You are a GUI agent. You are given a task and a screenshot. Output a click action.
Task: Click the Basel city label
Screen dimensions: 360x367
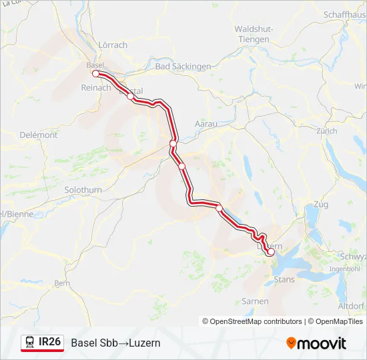click(x=95, y=65)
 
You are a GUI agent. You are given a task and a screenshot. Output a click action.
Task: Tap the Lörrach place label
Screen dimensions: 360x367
click(x=113, y=45)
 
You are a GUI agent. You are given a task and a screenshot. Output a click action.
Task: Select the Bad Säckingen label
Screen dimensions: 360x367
click(x=183, y=67)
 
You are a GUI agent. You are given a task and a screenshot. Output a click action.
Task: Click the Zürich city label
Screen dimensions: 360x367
click(x=327, y=131)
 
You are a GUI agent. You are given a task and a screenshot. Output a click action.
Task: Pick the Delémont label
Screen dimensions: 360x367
click(x=38, y=135)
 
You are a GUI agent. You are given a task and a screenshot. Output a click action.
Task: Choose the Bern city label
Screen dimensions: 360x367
click(x=61, y=283)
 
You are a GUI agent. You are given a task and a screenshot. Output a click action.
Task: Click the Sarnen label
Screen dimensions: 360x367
click(x=255, y=301)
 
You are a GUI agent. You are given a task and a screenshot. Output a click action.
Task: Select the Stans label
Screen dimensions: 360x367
click(x=284, y=280)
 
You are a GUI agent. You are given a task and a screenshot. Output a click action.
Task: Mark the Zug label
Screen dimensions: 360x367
click(x=320, y=204)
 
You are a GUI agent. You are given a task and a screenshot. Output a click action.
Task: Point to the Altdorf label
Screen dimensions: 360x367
click(x=351, y=306)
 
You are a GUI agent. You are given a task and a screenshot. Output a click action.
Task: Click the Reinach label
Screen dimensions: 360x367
click(x=95, y=87)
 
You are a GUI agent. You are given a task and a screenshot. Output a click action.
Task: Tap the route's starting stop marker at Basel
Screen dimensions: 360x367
click(x=95, y=74)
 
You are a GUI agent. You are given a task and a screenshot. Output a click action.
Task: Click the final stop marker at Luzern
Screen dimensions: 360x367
click(x=270, y=252)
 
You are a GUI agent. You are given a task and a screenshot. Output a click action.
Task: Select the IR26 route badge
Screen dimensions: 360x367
click(x=42, y=343)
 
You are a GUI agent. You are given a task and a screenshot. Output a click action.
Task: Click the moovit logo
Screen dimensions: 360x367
click(x=316, y=343)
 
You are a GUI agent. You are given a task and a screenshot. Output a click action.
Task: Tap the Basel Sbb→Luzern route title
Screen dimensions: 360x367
click(x=115, y=343)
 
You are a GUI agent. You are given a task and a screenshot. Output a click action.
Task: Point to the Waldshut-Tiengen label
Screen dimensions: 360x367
click(x=252, y=34)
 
